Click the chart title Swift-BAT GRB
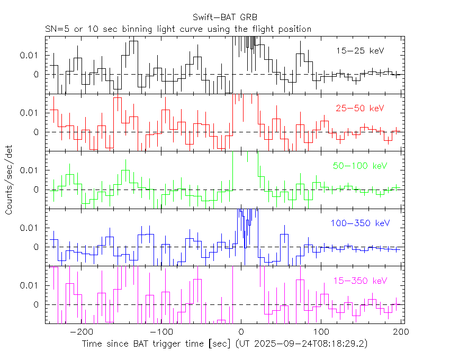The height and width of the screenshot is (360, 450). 225,17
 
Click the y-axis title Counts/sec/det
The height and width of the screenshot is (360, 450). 9,181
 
